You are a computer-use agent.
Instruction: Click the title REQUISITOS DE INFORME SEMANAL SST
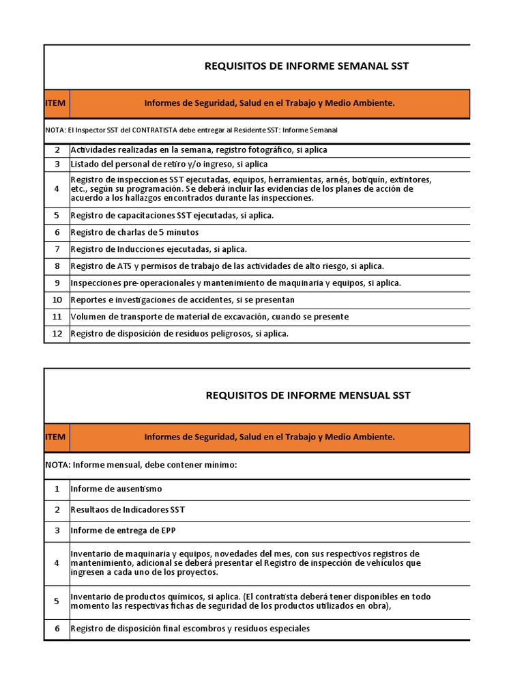[307, 66]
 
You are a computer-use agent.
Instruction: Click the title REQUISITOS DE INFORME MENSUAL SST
[308, 395]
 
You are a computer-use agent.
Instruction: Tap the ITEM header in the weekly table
[56, 103]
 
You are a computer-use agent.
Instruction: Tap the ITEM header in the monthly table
[56, 437]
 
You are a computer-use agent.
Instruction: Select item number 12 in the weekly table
[57, 334]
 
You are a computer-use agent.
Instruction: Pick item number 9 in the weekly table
[57, 283]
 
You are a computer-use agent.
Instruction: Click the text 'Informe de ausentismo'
[116, 489]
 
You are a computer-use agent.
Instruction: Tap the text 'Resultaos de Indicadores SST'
[128, 509]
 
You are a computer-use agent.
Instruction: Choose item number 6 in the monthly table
[57, 628]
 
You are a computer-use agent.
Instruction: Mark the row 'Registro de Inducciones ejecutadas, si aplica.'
[158, 249]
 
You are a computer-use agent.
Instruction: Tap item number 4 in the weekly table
[57, 188]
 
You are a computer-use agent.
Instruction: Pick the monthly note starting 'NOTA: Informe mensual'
[141, 464]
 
